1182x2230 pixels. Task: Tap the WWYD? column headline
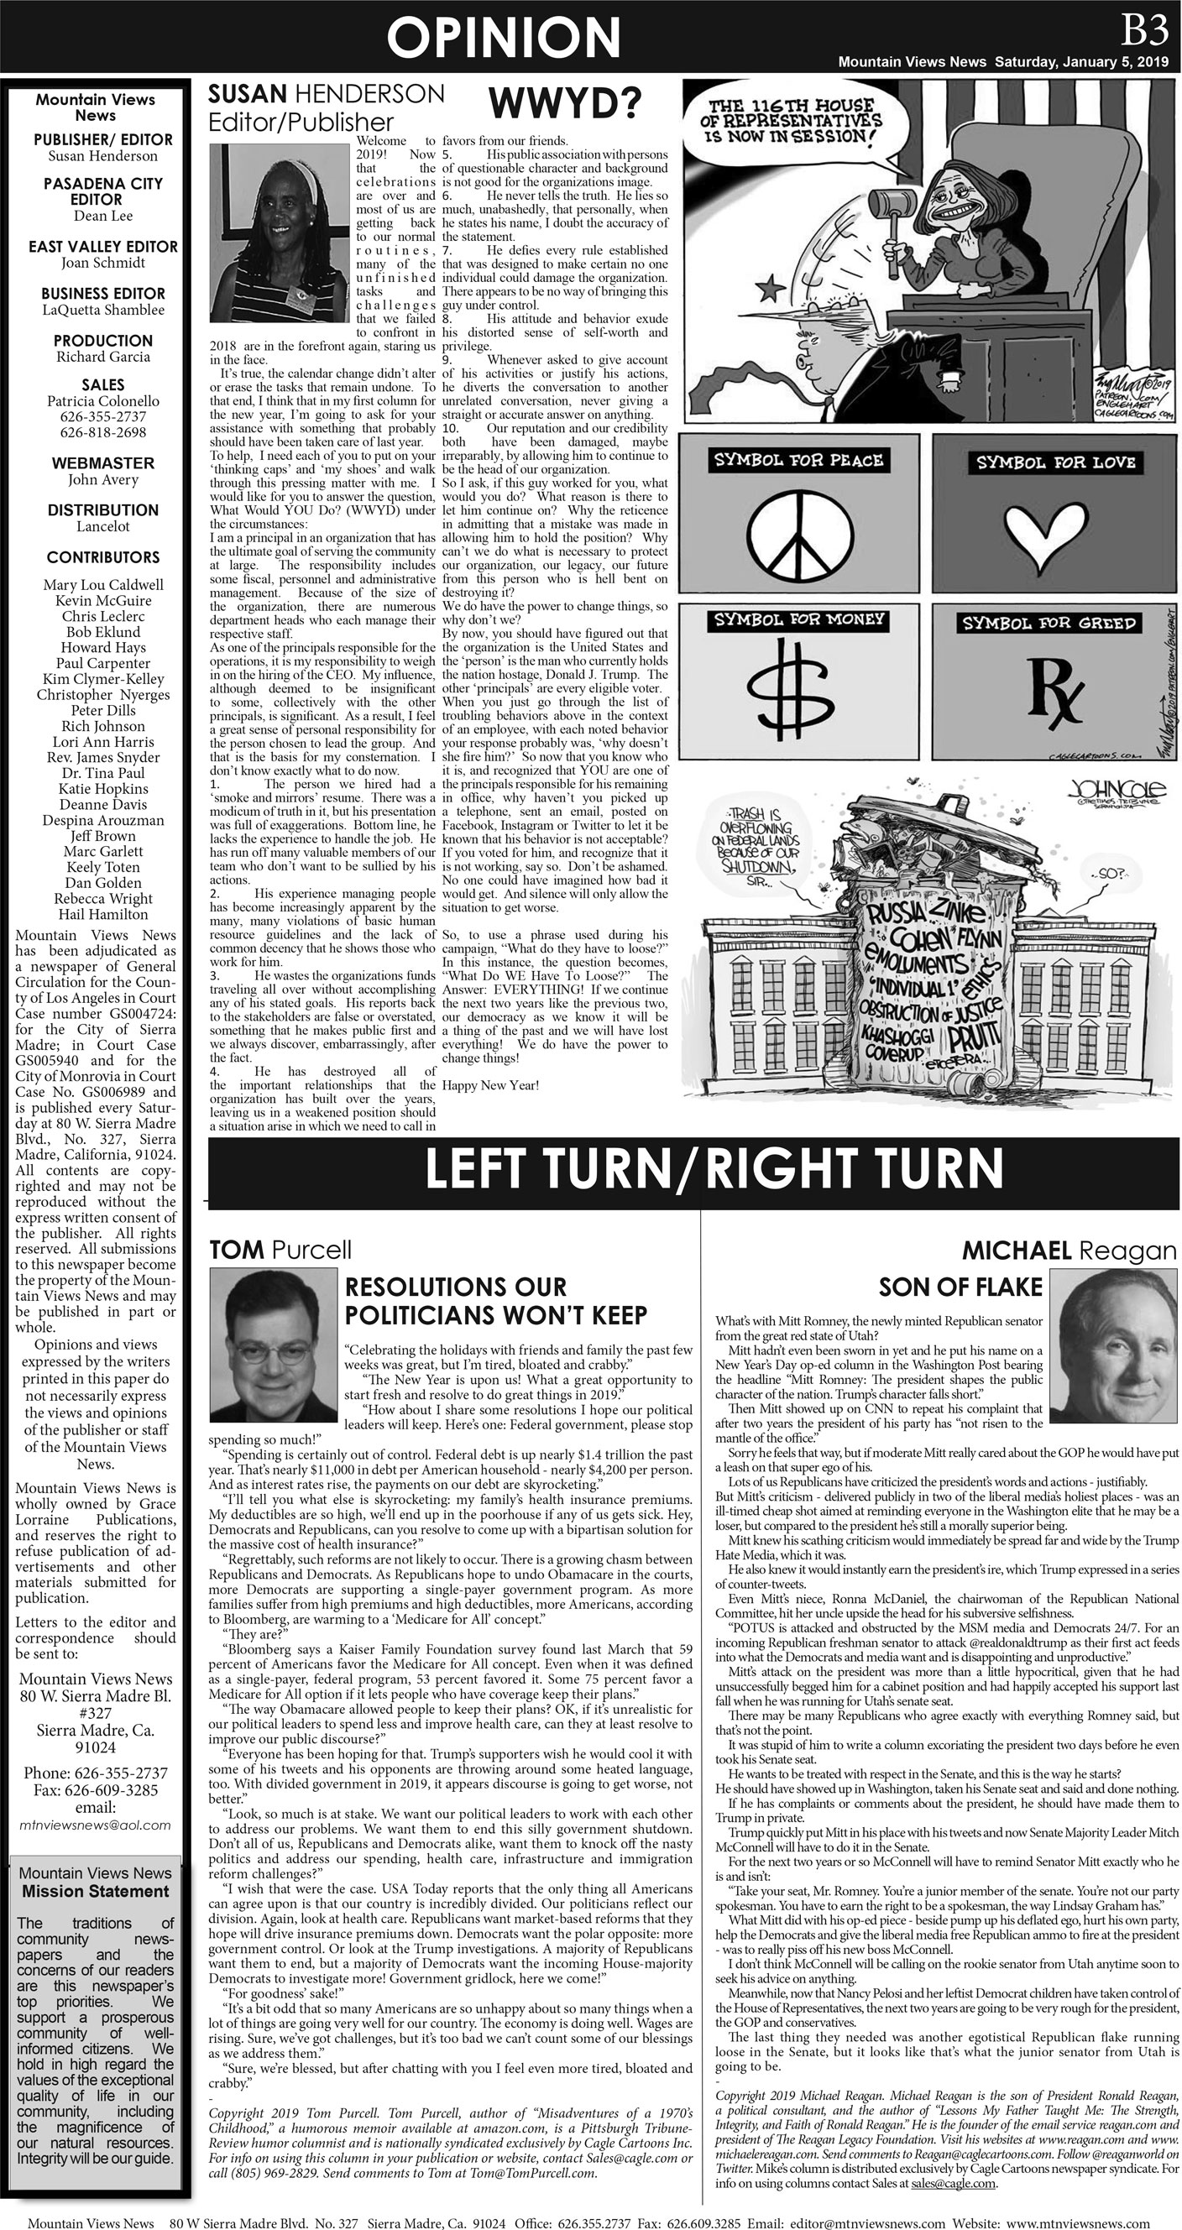[x=565, y=104]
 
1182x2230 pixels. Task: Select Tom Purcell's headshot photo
[x=273, y=1334]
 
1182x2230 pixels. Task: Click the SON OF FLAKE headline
[x=960, y=1287]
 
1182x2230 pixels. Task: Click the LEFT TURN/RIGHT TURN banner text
[x=714, y=1169]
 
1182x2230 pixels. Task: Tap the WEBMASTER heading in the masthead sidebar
[x=103, y=463]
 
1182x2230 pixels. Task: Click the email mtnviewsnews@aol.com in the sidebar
[x=95, y=1824]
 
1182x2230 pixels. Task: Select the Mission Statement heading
[x=95, y=1892]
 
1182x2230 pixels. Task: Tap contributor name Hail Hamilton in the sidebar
[x=103, y=914]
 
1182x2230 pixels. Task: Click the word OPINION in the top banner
[x=503, y=38]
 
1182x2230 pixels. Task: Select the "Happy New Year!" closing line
[x=491, y=1085]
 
